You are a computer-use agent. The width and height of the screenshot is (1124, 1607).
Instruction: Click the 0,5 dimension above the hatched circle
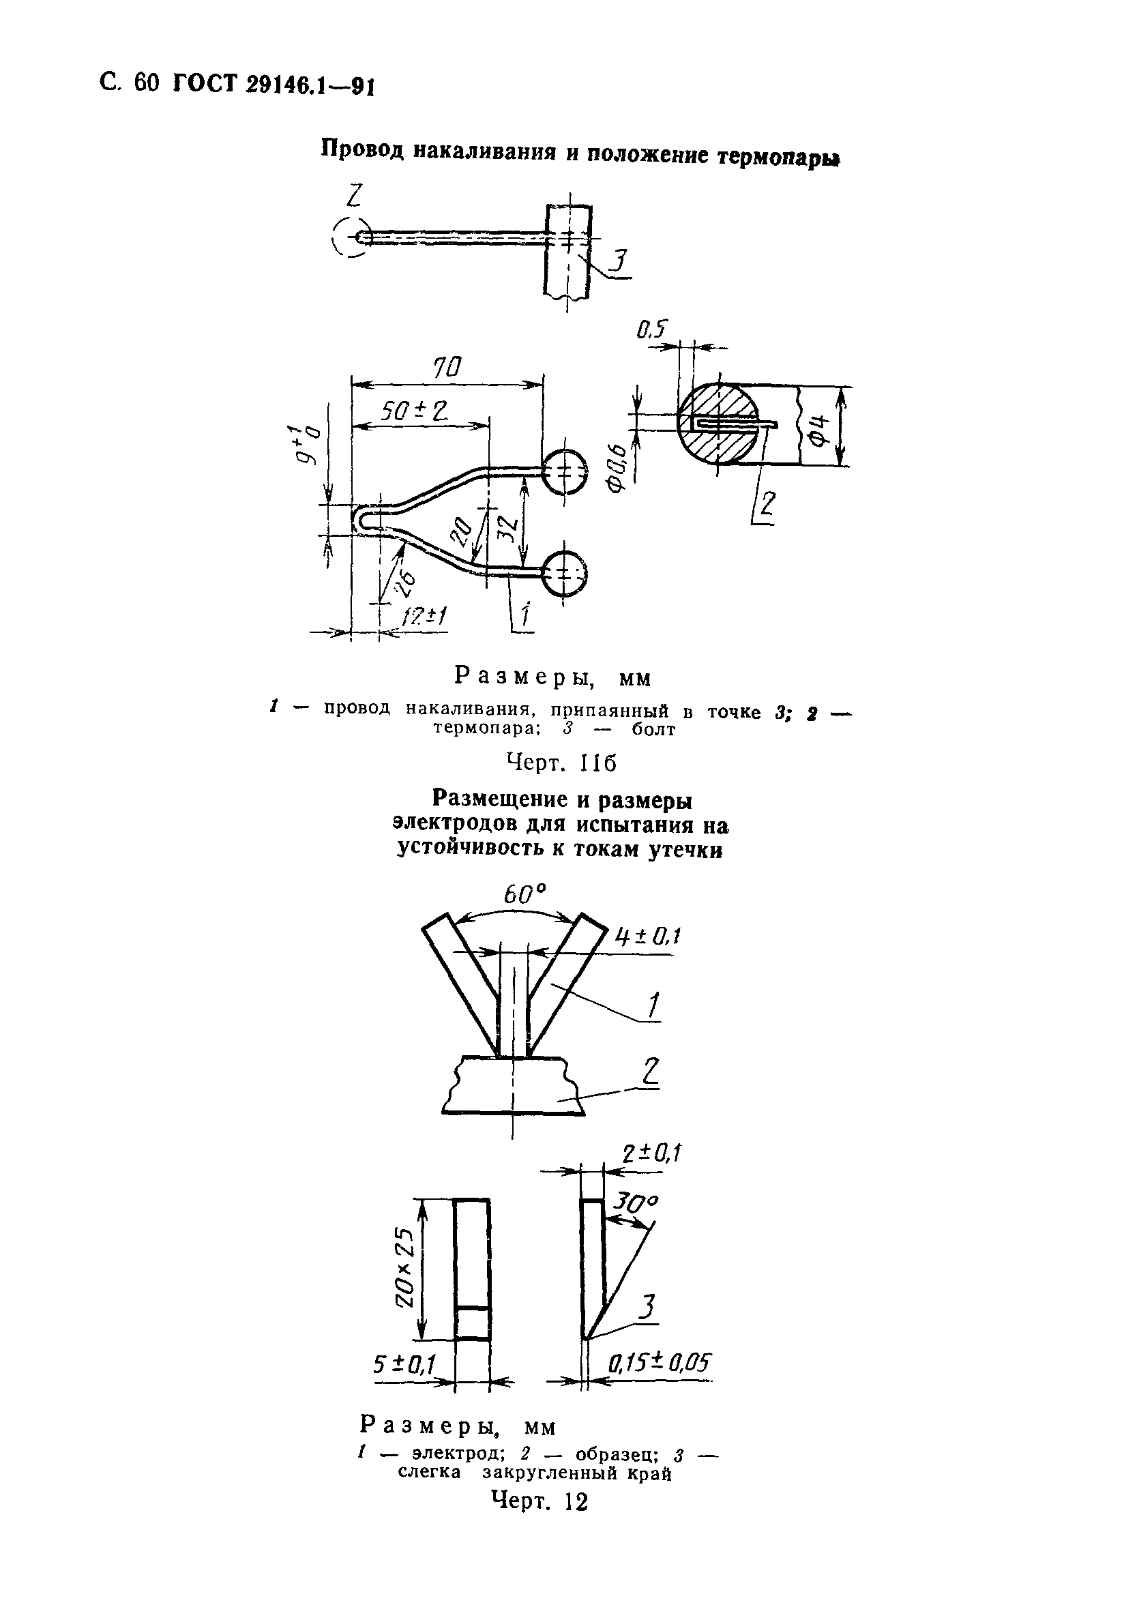pos(652,329)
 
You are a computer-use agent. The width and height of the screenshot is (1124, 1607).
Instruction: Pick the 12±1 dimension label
pos(425,617)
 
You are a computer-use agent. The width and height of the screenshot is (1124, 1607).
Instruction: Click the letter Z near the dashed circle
pos(353,196)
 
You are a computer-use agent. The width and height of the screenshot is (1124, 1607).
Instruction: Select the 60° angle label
pos(525,894)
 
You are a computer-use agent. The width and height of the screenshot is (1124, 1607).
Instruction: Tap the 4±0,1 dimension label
pos(648,936)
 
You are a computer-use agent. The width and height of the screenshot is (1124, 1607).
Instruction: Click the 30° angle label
pos(636,1202)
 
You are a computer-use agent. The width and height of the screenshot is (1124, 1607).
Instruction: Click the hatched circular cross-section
pos(718,424)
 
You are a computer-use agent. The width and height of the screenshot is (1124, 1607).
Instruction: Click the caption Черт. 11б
pos(561,762)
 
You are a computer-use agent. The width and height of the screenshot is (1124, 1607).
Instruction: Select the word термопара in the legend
pos(483,728)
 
